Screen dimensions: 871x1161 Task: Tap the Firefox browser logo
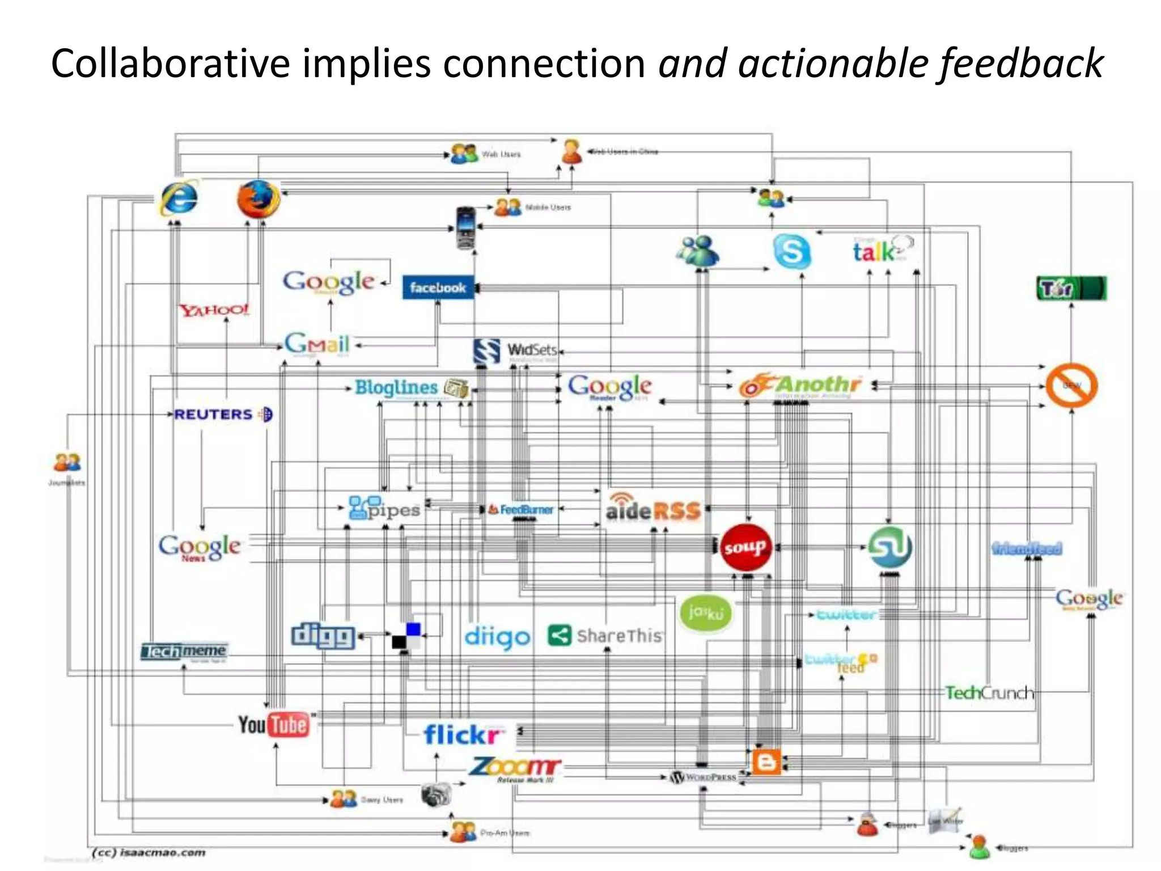pyautogui.click(x=259, y=199)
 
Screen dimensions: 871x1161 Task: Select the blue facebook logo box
pyautogui.click(x=438, y=287)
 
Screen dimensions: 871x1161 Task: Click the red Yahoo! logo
pyautogui.click(x=214, y=310)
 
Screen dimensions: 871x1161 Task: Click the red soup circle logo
pyautogui.click(x=745, y=547)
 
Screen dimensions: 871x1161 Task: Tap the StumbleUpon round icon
pyautogui.click(x=889, y=547)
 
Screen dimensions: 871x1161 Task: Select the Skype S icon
pyautogui.click(x=791, y=251)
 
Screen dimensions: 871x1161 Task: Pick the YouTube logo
pyautogui.click(x=274, y=725)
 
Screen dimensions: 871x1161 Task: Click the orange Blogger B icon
pyautogui.click(x=766, y=762)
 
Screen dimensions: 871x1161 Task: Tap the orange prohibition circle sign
pyautogui.click(x=1071, y=385)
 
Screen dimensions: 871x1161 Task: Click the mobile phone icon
pyautogui.click(x=465, y=228)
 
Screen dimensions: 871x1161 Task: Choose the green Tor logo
pyautogui.click(x=1071, y=289)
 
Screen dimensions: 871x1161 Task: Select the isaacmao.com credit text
pyautogui.click(x=149, y=852)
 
